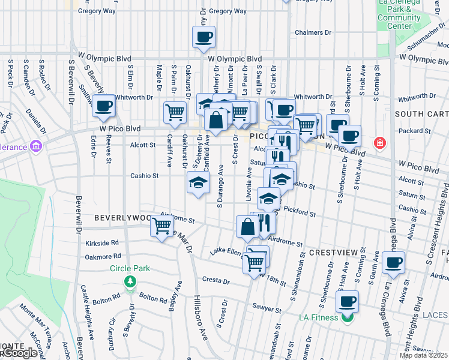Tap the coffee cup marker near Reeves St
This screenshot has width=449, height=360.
[104, 106]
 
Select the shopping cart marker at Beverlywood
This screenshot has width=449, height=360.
[161, 226]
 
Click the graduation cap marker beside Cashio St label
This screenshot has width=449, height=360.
[197, 183]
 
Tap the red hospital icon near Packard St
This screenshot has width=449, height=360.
[379, 143]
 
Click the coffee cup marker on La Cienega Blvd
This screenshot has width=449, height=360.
[393, 262]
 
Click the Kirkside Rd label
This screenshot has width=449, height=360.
[100, 245]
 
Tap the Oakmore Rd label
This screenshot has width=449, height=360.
[100, 257]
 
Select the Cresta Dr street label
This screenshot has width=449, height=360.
[216, 280]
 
